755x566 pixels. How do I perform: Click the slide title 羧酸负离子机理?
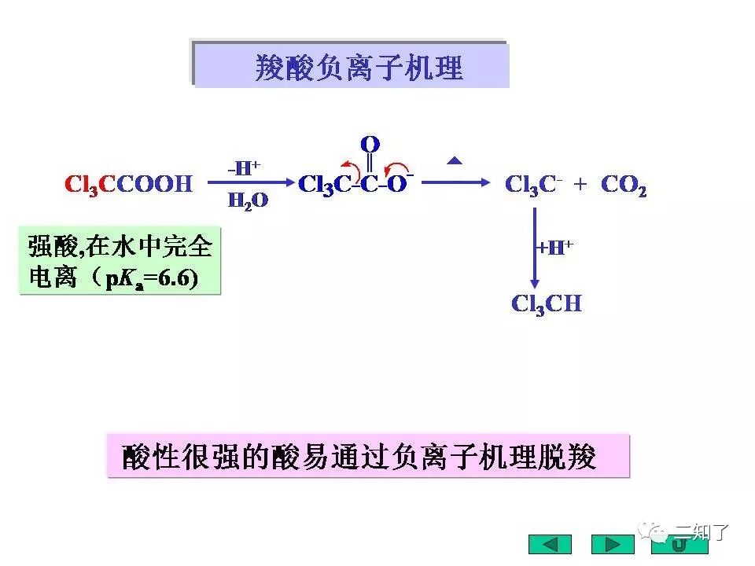[359, 68]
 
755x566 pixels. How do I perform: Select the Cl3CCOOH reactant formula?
[128, 185]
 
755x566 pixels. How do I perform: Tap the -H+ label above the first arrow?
[243, 167]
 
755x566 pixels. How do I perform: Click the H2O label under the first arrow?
[248, 201]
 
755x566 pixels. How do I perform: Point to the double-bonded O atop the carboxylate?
[370, 145]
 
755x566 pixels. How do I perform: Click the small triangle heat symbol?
[455, 161]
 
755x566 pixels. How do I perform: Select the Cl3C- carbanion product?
[533, 185]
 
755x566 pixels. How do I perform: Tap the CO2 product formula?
[624, 186]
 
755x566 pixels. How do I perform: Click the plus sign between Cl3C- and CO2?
[580, 185]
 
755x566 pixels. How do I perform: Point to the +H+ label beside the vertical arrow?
[554, 248]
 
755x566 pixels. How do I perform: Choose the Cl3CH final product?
[546, 304]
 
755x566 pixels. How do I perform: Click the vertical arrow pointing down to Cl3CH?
[534, 248]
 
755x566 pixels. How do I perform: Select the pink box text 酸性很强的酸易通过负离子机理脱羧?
[360, 457]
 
